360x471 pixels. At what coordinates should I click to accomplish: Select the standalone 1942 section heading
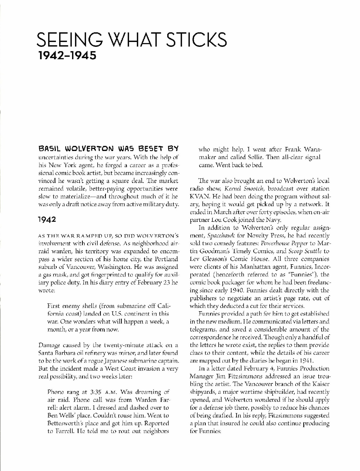(47, 219)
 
